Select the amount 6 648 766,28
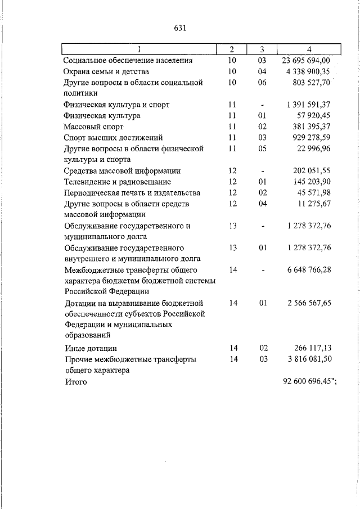coord(309,270)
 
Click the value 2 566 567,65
coord(309,303)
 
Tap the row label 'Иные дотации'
coord(91,349)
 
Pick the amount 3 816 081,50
coord(309,359)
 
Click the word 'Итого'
coord(76,382)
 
